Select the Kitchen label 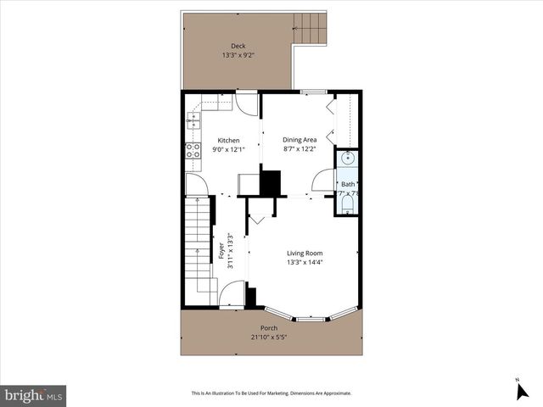pyautogui.click(x=228, y=140)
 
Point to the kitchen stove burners pyautogui.click(x=193, y=153)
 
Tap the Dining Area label pyautogui.click(x=300, y=140)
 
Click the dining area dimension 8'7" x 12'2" pyautogui.click(x=300, y=149)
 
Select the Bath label pyautogui.click(x=348, y=184)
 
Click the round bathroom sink pyautogui.click(x=348, y=159)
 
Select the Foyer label pyautogui.click(x=221, y=252)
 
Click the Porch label pyautogui.click(x=269, y=328)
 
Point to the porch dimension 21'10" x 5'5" pyautogui.click(x=269, y=337)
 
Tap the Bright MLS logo pyautogui.click(x=34, y=394)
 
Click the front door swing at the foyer pyautogui.click(x=231, y=293)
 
